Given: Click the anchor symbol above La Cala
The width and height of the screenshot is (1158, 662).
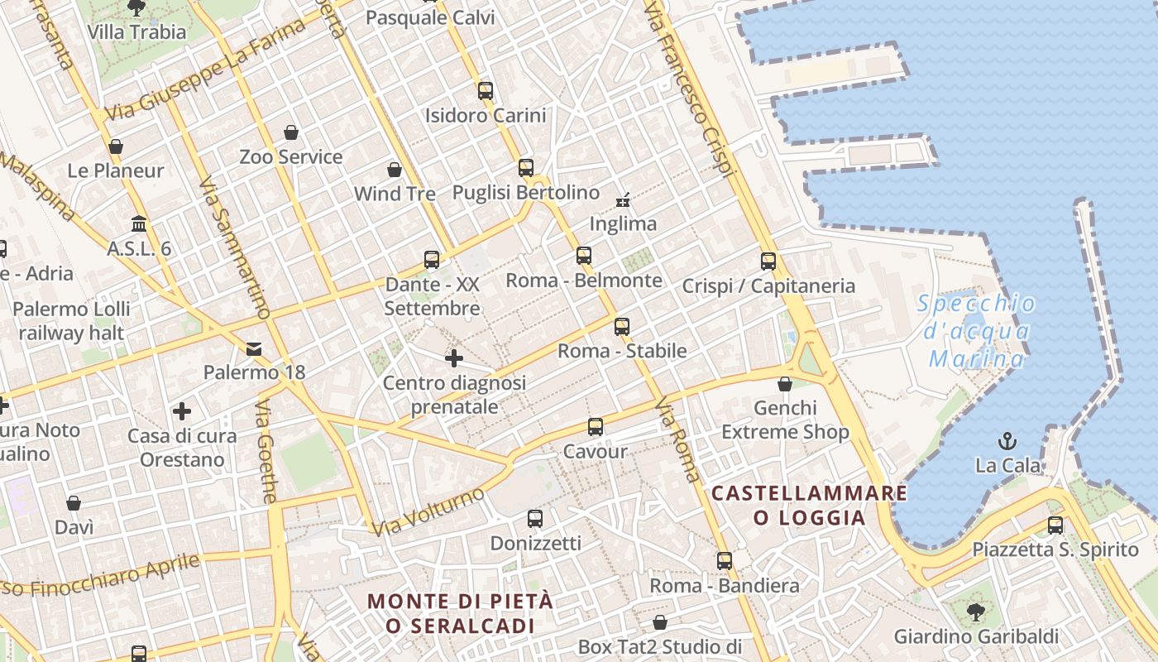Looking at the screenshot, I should [x=1007, y=440].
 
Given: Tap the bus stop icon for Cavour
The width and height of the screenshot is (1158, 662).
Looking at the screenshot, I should [x=596, y=427].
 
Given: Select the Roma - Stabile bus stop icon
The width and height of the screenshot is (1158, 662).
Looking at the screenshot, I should [x=622, y=327].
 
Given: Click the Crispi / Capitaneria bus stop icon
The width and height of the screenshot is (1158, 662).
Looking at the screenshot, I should [x=768, y=261].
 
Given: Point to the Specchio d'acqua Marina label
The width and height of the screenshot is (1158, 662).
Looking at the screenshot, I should [x=976, y=331].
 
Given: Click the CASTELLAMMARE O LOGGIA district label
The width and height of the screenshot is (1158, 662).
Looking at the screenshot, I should [x=809, y=506].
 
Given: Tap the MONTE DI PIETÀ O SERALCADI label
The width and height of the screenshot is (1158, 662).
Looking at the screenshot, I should [x=460, y=613].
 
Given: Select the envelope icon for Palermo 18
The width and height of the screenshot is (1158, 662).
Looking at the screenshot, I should [x=254, y=349].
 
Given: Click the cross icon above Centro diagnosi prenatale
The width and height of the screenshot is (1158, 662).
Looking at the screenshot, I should [x=453, y=358].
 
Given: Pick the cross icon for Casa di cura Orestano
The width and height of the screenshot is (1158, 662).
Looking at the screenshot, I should [x=182, y=410].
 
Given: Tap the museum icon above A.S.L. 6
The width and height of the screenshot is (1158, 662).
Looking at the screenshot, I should [x=139, y=224].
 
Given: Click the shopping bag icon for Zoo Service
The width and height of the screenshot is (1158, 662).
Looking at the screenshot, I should [x=291, y=132].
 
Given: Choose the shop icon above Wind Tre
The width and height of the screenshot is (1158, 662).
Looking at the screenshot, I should [x=395, y=170].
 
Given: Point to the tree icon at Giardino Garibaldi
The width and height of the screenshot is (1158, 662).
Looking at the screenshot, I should [x=976, y=612].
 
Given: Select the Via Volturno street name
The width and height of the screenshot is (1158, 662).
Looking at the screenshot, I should [x=428, y=511].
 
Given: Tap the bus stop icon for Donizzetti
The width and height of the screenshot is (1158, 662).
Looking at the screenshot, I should [x=535, y=519].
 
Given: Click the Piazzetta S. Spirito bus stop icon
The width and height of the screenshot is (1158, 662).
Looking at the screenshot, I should [x=1055, y=525].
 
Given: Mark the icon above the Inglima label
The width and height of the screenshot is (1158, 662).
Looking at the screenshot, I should [x=623, y=199].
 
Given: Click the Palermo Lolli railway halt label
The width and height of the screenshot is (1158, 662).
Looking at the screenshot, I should [x=73, y=321].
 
